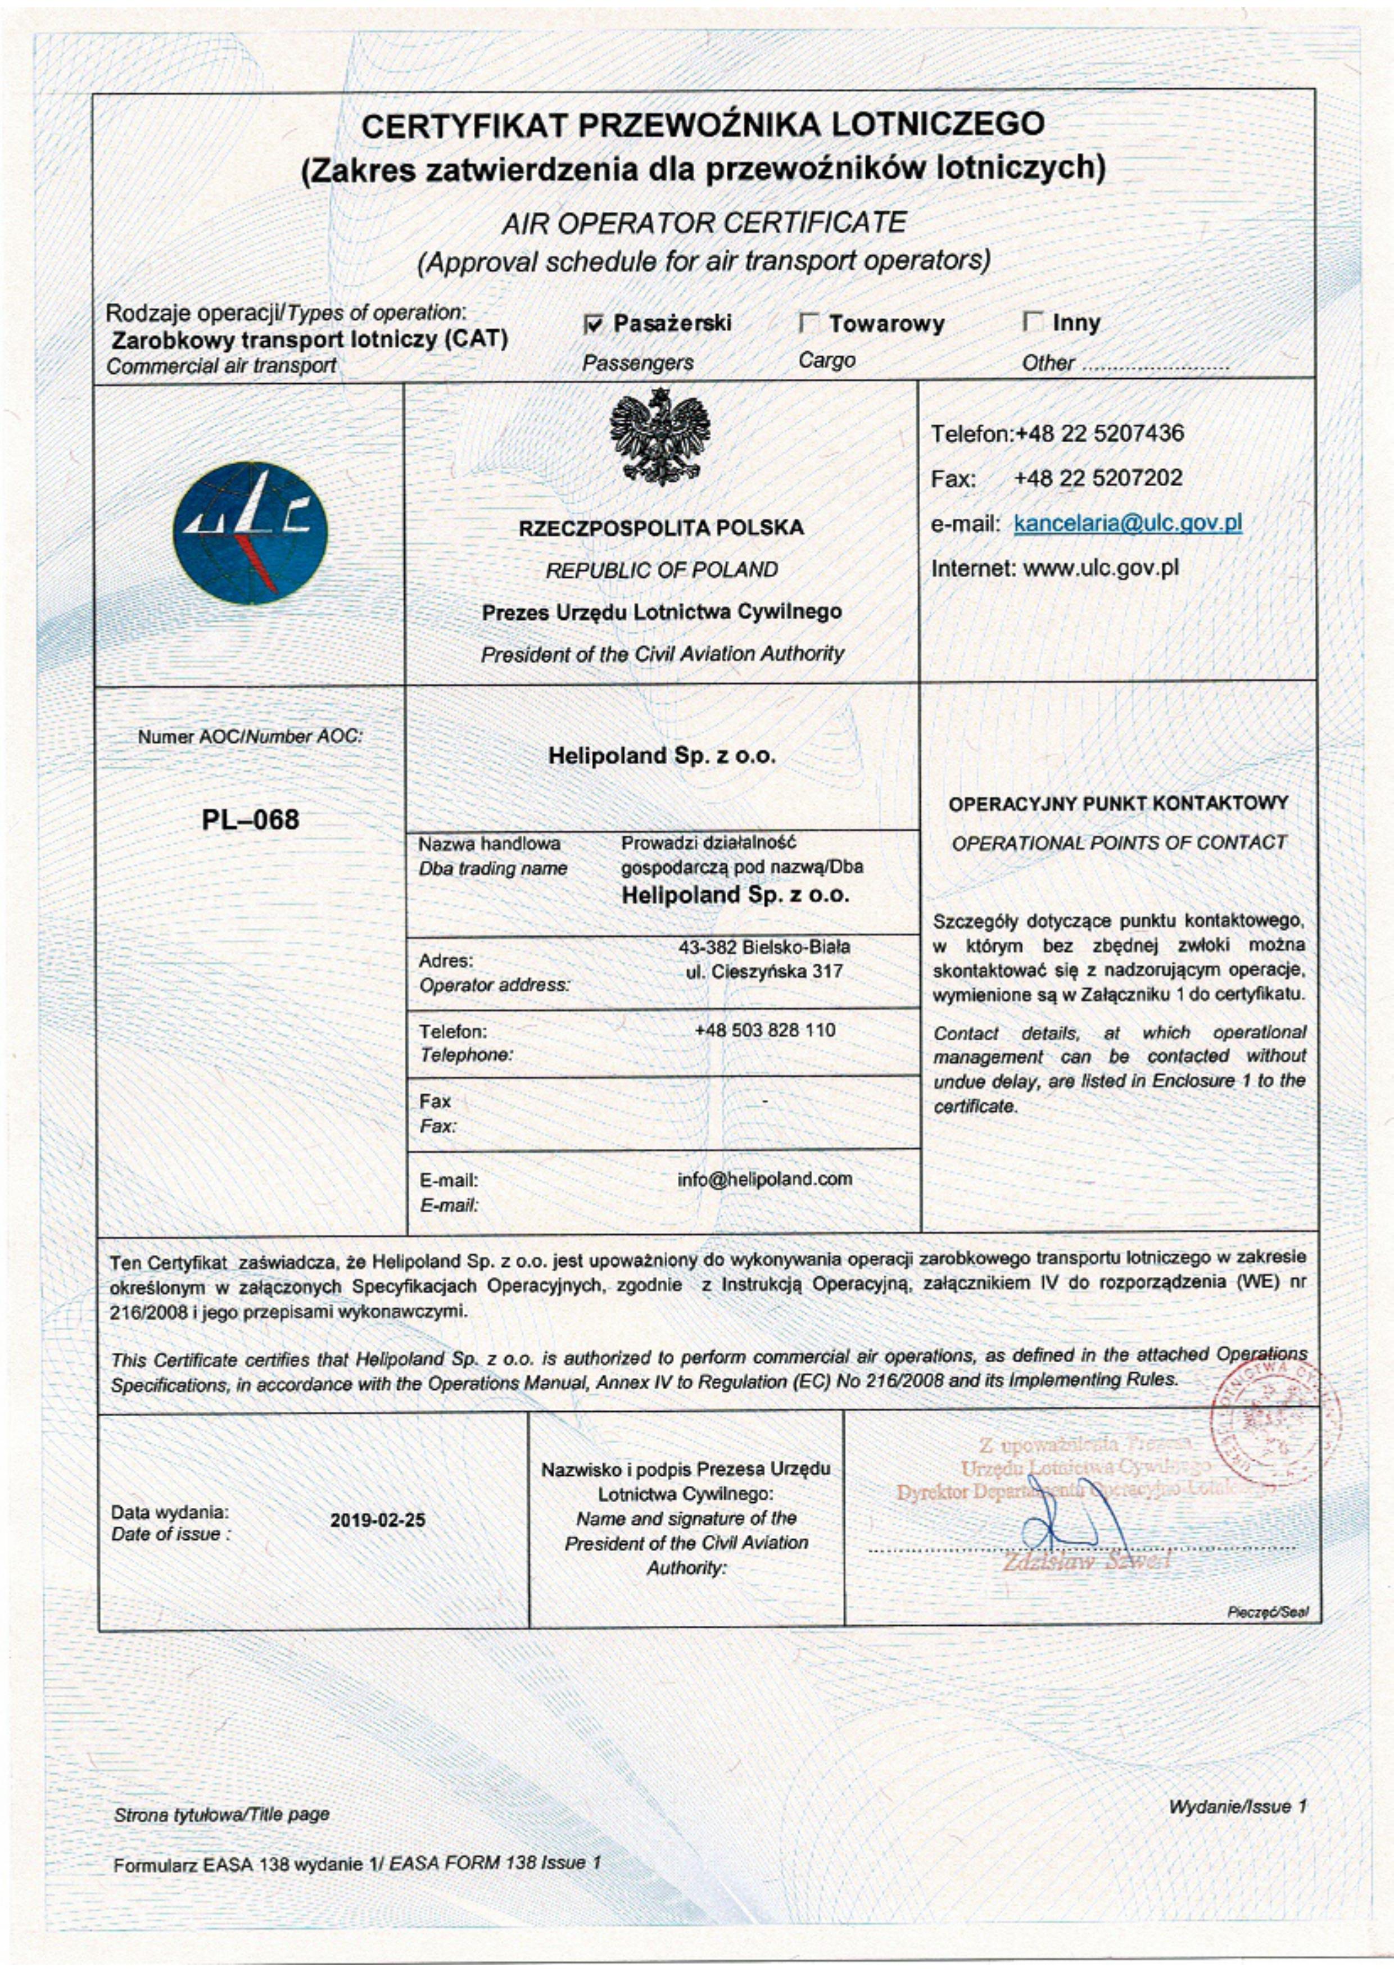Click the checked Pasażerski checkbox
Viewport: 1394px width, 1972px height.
coord(592,324)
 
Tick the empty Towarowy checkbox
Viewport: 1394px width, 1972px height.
coord(808,324)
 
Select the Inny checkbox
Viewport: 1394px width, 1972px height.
coord(1033,324)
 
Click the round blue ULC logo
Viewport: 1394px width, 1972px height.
coord(250,533)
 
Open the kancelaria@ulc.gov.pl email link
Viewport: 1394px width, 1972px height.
coord(1127,523)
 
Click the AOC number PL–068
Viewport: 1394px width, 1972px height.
coord(251,819)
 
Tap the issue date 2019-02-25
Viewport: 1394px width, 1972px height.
coord(378,1520)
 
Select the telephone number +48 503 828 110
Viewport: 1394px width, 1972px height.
coord(764,1030)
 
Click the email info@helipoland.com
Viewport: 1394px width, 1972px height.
coord(764,1178)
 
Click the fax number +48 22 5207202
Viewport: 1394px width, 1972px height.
coord(1098,478)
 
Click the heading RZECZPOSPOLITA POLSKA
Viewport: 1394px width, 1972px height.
coord(662,527)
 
